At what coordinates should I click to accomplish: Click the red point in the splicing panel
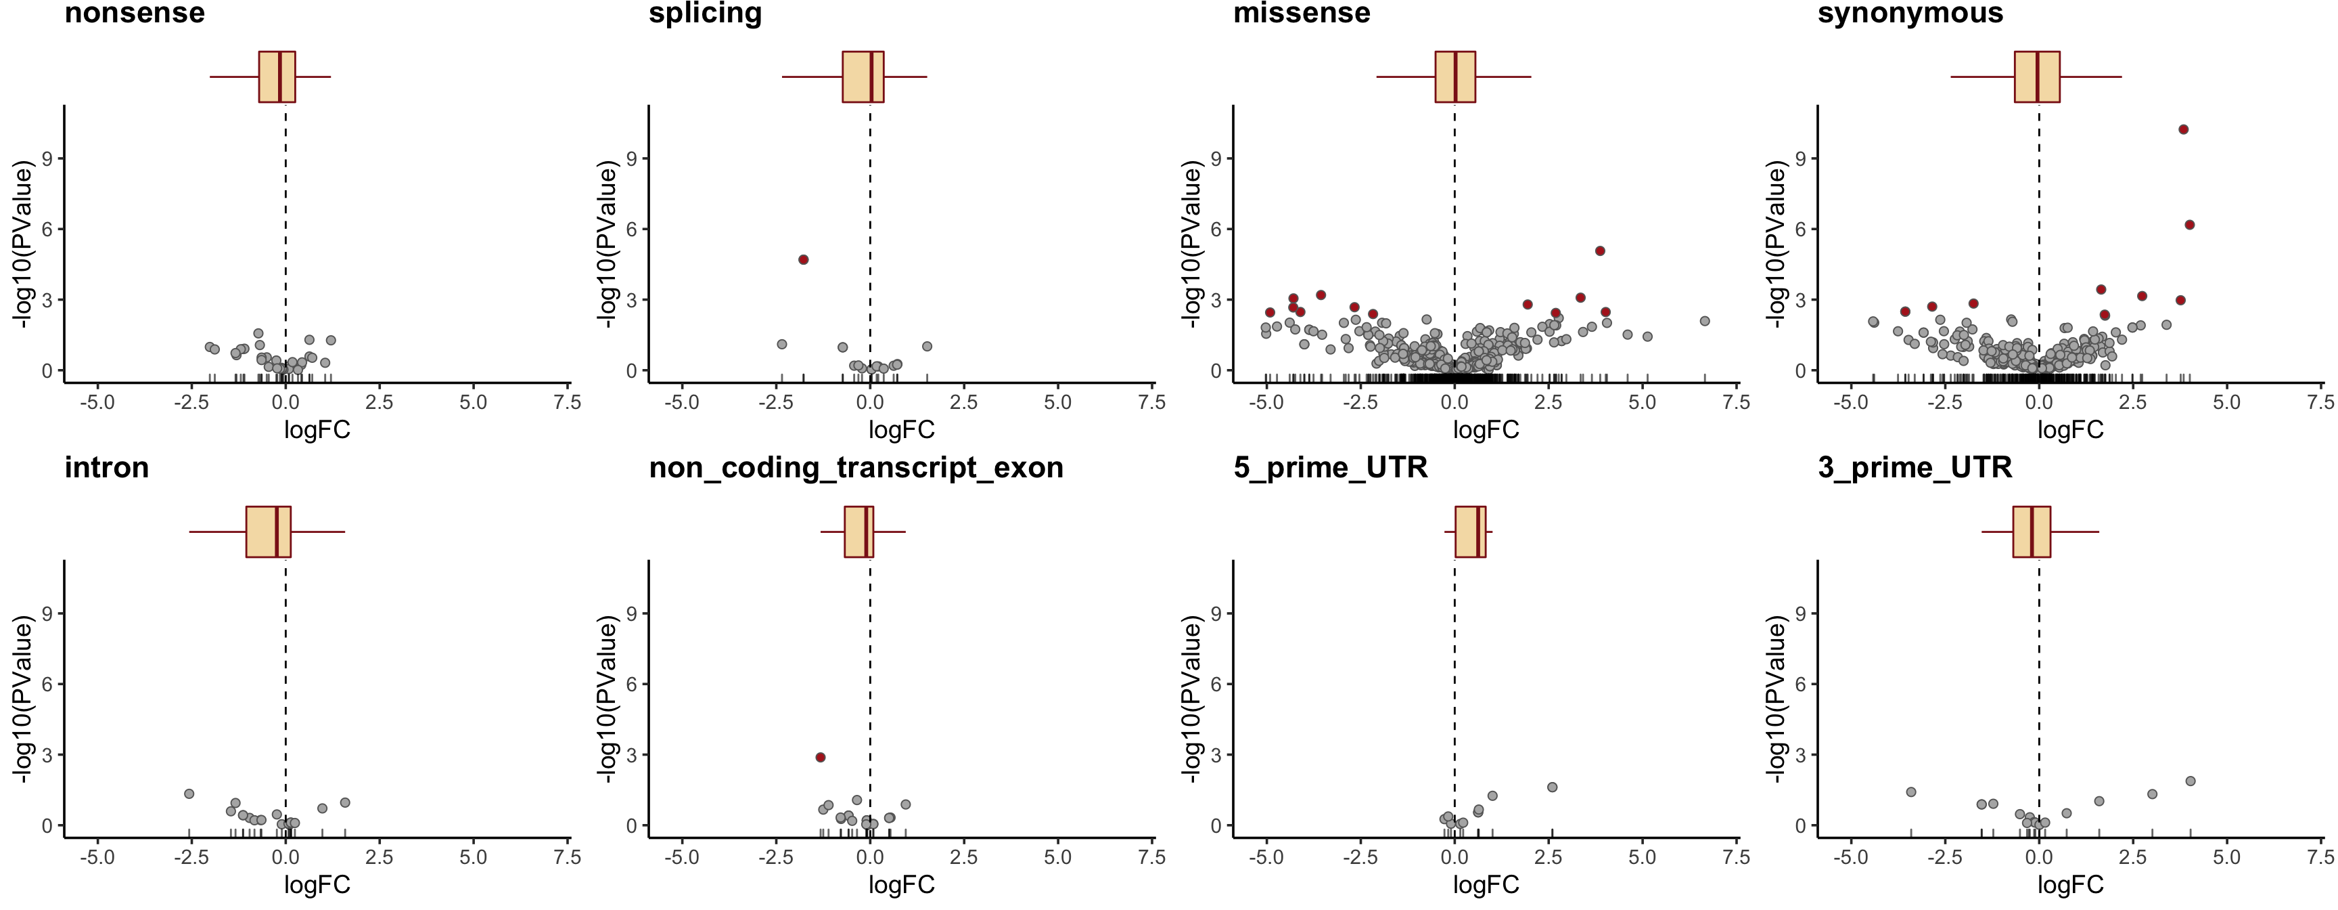pos(803,260)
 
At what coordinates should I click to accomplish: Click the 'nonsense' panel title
pos(135,14)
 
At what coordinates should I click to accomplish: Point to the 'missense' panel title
pos(1302,14)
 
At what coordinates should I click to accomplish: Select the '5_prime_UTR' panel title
pos(1331,468)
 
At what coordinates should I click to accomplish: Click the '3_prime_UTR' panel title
pos(1915,468)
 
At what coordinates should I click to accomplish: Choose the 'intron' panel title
pos(106,468)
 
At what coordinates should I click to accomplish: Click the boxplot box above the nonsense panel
pos(277,77)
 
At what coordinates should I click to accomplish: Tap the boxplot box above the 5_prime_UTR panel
pos(1470,532)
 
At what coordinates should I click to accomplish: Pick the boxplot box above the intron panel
pos(268,532)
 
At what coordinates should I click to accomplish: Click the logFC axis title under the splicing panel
pos(901,429)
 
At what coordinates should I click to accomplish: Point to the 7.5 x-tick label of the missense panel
pos(1735,402)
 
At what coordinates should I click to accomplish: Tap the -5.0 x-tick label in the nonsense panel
pos(97,402)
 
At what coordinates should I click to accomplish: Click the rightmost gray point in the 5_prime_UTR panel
pos(1552,787)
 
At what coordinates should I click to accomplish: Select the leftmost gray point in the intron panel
pos(189,794)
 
